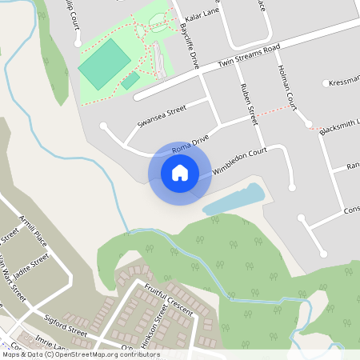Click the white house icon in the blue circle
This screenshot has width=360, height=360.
tap(180, 173)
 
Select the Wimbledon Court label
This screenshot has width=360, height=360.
tap(238, 160)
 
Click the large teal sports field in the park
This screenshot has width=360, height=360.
tap(104, 64)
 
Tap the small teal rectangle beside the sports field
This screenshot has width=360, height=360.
tap(130, 81)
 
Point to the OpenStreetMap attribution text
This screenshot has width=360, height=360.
tap(80, 354)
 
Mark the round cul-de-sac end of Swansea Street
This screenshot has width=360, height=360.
tap(103, 126)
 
